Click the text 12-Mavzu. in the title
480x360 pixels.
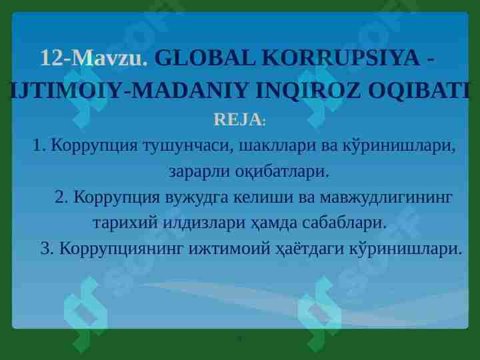click(93, 59)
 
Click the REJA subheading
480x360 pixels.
click(237, 120)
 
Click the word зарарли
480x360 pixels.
click(200, 171)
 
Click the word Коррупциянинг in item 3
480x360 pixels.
click(123, 249)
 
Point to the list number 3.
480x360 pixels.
click(46, 249)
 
